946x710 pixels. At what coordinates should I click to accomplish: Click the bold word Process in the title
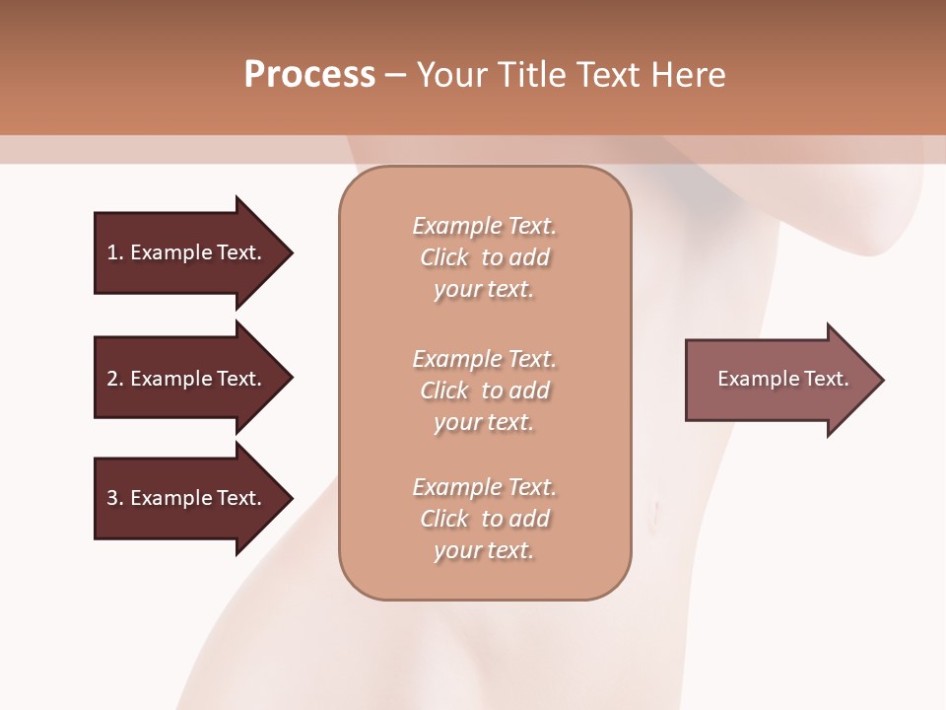point(309,74)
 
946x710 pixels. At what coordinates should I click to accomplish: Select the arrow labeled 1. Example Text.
point(187,252)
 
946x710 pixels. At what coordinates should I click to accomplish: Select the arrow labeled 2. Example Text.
point(187,379)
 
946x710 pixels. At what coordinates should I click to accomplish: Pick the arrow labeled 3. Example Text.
point(187,498)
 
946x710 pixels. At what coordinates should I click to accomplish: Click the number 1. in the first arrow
point(115,252)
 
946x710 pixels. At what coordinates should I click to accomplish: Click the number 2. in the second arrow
point(115,379)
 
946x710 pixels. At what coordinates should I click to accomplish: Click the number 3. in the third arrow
point(115,498)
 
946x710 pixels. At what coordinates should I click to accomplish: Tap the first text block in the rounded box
point(485,257)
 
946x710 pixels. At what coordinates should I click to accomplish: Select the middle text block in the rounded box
point(485,390)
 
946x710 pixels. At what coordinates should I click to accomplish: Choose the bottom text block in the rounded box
point(485,519)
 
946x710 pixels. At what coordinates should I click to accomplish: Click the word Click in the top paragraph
point(444,257)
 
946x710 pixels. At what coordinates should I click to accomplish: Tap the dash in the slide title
point(395,75)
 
